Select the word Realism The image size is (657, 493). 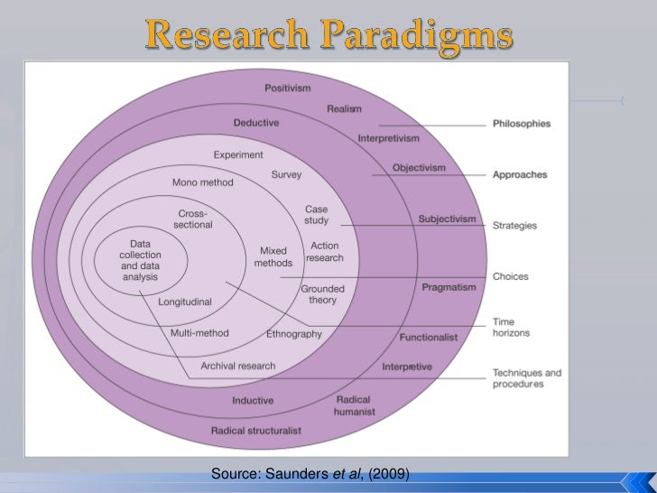pyautogui.click(x=344, y=108)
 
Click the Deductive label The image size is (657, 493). pyautogui.click(x=256, y=123)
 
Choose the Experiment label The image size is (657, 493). pyautogui.click(x=238, y=155)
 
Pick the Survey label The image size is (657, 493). pyautogui.click(x=286, y=174)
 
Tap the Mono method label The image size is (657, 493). pyautogui.click(x=202, y=182)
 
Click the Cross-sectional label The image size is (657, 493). pyautogui.click(x=194, y=219)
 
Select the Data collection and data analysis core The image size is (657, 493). pyautogui.click(x=139, y=261)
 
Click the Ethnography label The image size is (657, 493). pyautogui.click(x=294, y=334)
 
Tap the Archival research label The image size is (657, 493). pyautogui.click(x=238, y=366)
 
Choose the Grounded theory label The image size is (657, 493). pyautogui.click(x=322, y=294)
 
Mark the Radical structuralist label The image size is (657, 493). pyautogui.click(x=255, y=430)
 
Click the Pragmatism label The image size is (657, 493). pyautogui.click(x=449, y=287)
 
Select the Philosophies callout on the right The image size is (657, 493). pyautogui.click(x=522, y=124)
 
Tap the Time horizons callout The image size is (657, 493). pyautogui.click(x=511, y=327)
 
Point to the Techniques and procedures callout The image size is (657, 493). pyautogui.click(x=527, y=377)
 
